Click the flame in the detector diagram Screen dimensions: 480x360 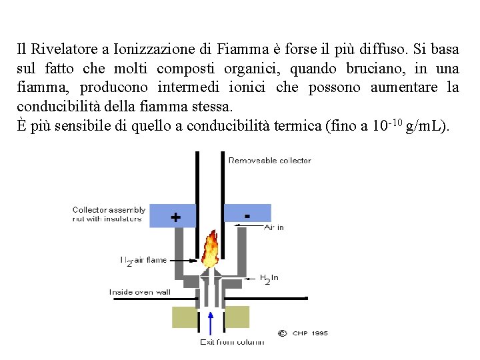coord(210,248)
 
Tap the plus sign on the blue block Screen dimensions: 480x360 coord(175,217)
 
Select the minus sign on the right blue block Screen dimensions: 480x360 coord(248,215)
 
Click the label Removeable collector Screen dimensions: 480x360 coord(269,160)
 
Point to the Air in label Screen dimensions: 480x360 coord(274,227)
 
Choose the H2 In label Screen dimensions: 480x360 coord(269,278)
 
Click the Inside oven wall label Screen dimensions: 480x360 coord(140,292)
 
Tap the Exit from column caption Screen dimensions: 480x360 coord(232,342)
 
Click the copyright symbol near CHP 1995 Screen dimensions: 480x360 coord(282,332)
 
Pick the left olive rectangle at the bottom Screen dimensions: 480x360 coord(185,317)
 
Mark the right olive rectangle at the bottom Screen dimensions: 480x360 coord(237,317)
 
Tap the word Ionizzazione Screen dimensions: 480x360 coord(156,49)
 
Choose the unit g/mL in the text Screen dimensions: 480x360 coord(426,126)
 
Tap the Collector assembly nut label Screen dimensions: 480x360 coord(109,214)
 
